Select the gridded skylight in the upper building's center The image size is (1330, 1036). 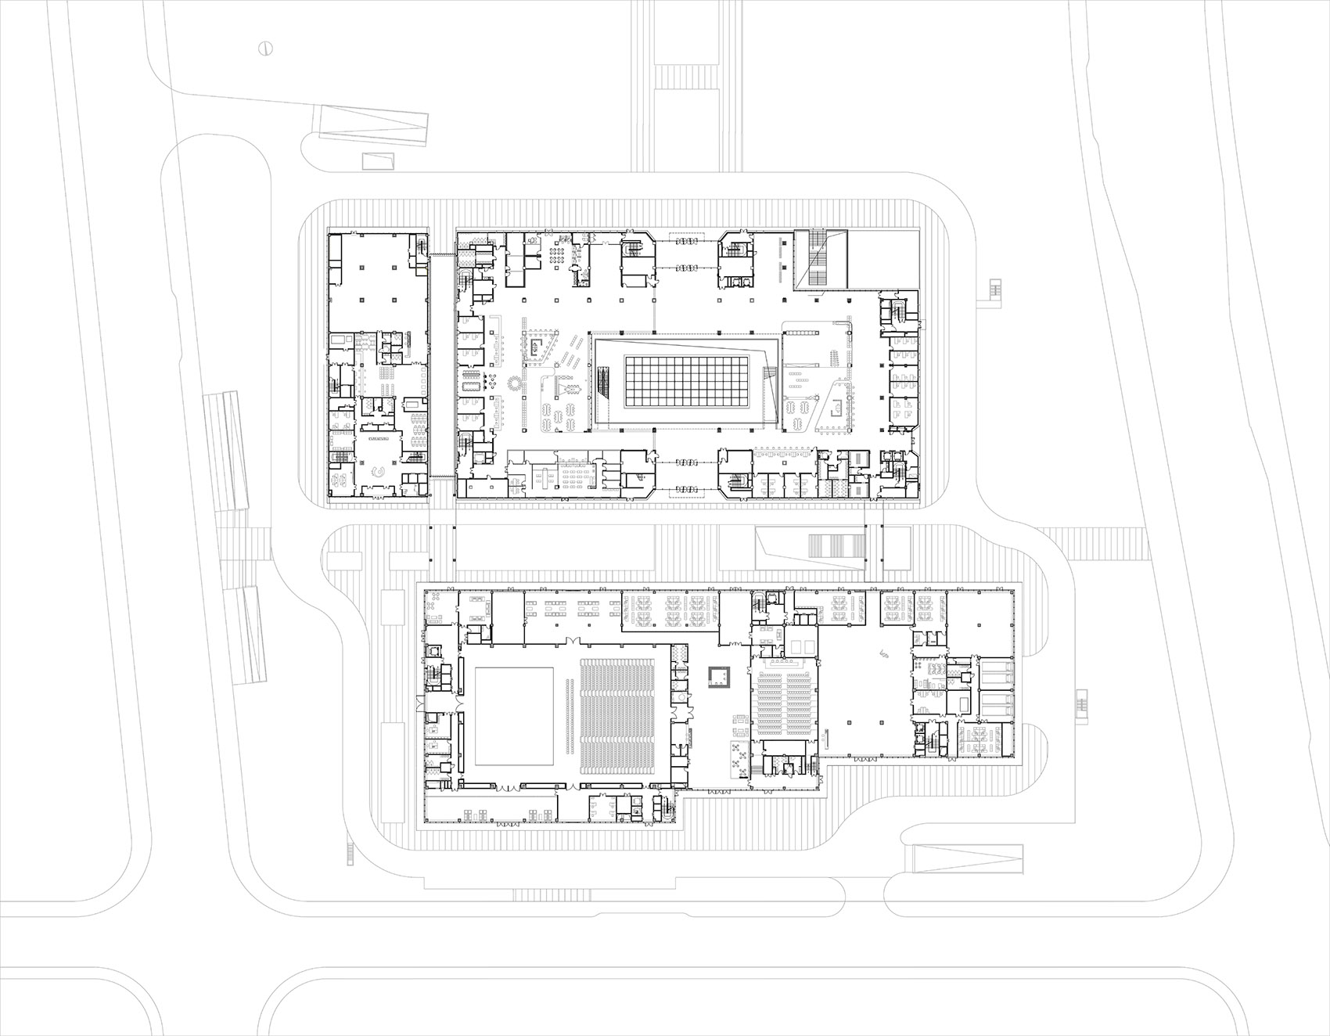[678, 383]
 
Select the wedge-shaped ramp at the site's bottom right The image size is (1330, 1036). [969, 859]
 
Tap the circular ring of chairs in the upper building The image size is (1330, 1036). [515, 386]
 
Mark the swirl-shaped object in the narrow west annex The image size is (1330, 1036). [378, 472]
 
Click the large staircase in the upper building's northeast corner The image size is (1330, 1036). [820, 259]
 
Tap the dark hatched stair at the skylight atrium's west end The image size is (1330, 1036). [602, 384]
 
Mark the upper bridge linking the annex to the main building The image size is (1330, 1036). [442, 254]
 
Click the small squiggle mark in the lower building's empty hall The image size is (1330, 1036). [885, 652]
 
